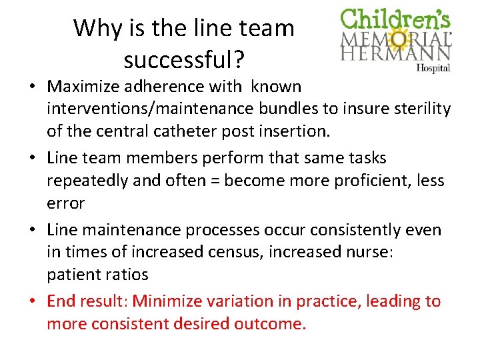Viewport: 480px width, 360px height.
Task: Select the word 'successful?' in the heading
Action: tap(184, 60)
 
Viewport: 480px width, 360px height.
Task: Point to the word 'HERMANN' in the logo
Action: tap(396, 53)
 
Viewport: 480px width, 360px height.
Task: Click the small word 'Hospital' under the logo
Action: tap(433, 67)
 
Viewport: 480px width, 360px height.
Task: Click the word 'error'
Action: tap(65, 202)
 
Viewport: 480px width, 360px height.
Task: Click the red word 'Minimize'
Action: tap(173, 301)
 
